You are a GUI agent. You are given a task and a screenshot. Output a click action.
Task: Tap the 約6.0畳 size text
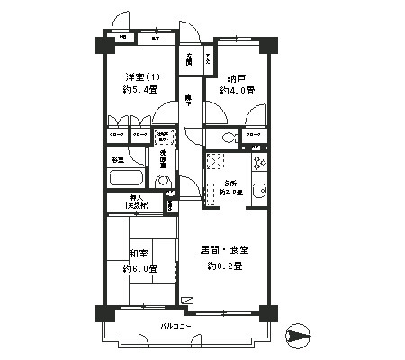tap(140, 268)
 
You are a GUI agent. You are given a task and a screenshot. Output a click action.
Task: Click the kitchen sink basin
tap(259, 190)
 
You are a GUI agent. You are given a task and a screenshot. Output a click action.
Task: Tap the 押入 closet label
tap(137, 200)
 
